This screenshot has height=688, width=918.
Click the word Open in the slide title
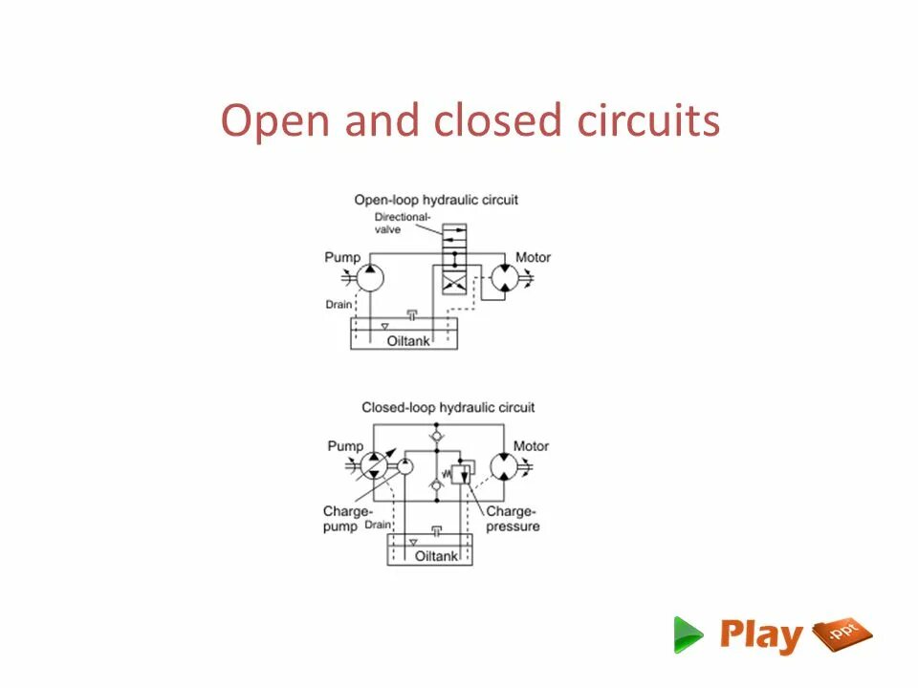(x=267, y=122)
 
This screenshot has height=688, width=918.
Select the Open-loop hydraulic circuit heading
(x=436, y=200)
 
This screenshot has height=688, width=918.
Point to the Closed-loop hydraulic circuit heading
(x=448, y=408)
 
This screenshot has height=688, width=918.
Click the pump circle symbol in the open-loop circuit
(x=370, y=278)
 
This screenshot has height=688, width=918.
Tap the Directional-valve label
(x=396, y=223)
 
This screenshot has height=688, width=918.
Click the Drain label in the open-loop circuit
(x=339, y=305)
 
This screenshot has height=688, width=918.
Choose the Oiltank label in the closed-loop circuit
(x=436, y=556)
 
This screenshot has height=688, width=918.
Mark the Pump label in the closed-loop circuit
(x=345, y=446)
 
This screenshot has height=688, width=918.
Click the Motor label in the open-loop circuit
(x=533, y=257)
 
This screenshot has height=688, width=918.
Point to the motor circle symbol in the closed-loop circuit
(x=504, y=466)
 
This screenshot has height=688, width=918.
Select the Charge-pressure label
(x=513, y=519)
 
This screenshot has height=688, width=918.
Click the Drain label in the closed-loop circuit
(x=377, y=525)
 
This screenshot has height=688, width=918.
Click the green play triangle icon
(x=687, y=634)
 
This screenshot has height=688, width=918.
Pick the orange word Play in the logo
(x=761, y=635)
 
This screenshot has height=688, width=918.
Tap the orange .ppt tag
(x=842, y=634)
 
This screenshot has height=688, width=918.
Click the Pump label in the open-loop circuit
(x=342, y=257)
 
